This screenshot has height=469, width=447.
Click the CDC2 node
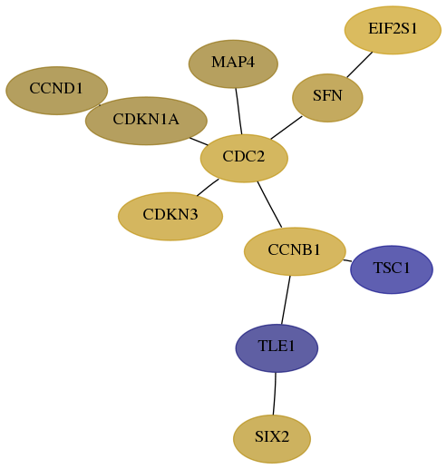(244, 158)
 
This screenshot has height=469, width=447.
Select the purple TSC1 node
(392, 269)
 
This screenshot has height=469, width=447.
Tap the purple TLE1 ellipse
(277, 348)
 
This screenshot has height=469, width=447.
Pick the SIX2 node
(272, 439)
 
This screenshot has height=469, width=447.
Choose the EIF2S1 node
(393, 30)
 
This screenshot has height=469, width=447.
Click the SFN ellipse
(327, 98)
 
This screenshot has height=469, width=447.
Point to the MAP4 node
(233, 64)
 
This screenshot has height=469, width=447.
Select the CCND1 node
(56, 91)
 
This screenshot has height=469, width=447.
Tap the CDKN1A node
(146, 121)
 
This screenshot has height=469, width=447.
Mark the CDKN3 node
(170, 216)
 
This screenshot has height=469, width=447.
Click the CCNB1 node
(295, 251)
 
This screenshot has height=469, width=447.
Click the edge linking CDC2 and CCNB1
(269, 204)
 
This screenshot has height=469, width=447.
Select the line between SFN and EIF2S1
(359, 64)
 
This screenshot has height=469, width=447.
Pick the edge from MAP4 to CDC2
(238, 111)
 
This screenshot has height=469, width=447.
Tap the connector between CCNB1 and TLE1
(286, 300)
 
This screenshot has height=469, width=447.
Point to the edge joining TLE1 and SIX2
(274, 394)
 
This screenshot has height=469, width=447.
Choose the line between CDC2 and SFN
(287, 128)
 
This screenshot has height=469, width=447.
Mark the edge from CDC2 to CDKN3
(208, 188)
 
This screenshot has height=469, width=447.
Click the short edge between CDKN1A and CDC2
(199, 142)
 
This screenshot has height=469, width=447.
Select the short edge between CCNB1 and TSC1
(347, 260)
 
